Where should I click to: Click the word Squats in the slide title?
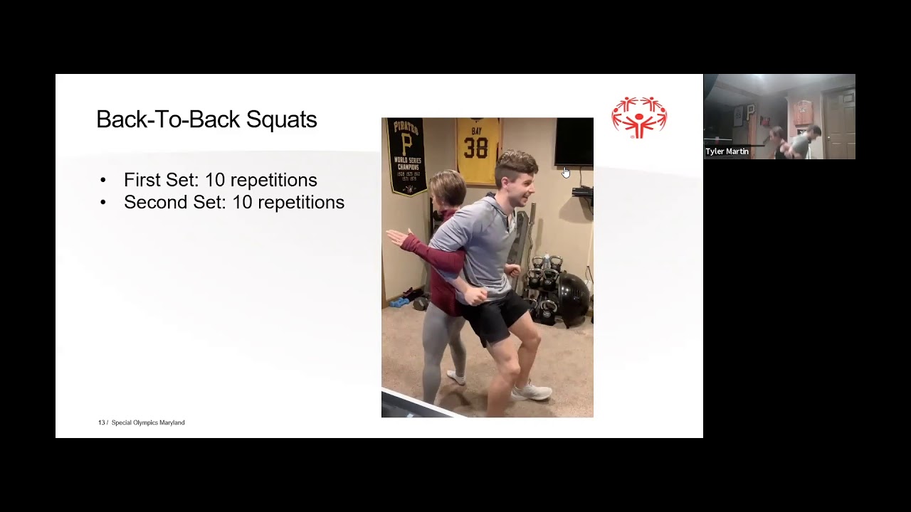[x=281, y=119]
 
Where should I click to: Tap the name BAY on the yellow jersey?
[x=477, y=132]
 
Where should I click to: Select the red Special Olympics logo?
[x=639, y=117]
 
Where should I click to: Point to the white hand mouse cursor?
[x=566, y=173]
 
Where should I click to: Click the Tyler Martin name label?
[x=727, y=151]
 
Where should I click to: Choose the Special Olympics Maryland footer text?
[x=148, y=422]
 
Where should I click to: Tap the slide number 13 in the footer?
[x=101, y=422]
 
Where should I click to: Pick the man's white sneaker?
[x=532, y=390]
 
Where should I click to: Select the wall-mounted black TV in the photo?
[x=574, y=142]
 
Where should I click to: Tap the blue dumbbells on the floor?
[x=399, y=302]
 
